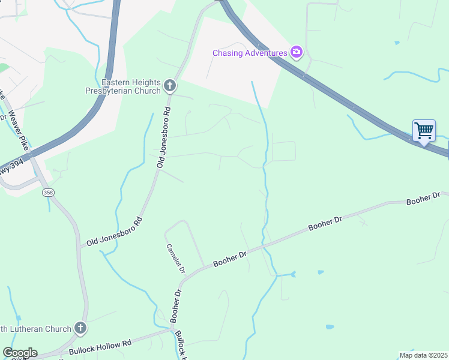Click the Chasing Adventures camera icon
296,53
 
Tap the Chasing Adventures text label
250,53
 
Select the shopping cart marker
424,131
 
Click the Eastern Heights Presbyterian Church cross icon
170,86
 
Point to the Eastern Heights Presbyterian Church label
131,86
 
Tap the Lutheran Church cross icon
81,328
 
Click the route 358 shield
49,193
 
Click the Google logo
19,353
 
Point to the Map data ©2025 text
423,355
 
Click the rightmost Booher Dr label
423,199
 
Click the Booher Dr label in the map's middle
325,224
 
